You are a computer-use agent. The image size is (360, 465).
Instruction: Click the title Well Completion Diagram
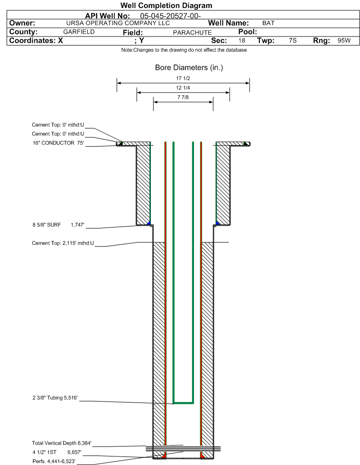click(166, 6)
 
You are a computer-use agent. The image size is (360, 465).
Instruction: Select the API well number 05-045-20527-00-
click(170, 16)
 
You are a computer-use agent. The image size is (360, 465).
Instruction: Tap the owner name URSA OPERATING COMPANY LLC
click(118, 23)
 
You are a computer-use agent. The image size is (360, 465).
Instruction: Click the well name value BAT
click(268, 23)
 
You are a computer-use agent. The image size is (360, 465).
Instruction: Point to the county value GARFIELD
click(79, 32)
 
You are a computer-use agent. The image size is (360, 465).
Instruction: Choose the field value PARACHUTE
click(192, 32)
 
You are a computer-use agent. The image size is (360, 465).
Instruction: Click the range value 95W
click(344, 40)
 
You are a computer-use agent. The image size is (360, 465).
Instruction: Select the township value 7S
click(293, 40)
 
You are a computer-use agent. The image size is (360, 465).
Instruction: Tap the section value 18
click(241, 40)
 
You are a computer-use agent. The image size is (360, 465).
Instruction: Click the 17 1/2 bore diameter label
click(183, 78)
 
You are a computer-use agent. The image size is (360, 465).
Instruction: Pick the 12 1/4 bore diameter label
click(183, 88)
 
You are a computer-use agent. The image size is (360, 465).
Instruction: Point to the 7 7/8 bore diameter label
click(183, 97)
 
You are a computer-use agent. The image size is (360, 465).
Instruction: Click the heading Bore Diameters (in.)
click(189, 68)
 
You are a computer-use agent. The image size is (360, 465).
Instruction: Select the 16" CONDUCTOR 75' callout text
click(58, 143)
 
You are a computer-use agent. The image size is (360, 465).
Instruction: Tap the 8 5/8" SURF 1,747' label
click(58, 225)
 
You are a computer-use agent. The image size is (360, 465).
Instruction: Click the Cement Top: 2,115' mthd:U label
click(63, 243)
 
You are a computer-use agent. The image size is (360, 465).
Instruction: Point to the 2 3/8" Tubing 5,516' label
click(55, 398)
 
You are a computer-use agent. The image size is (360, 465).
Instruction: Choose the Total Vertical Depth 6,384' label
click(62, 443)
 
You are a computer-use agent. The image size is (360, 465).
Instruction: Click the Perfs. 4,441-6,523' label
click(54, 461)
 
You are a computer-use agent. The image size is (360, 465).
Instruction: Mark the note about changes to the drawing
click(184, 50)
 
